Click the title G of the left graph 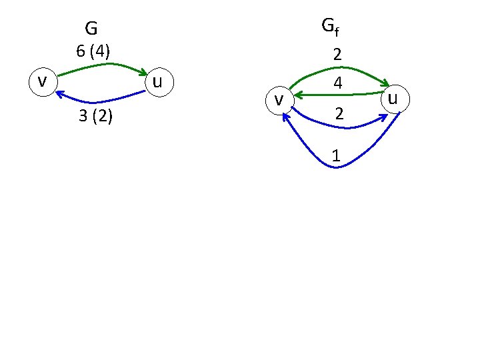click(91, 29)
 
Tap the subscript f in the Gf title click(336, 30)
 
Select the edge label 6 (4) click(93, 51)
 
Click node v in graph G click(41, 81)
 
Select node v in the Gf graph click(280, 100)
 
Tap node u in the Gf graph click(393, 99)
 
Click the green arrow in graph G click(100, 65)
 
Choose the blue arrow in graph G click(100, 101)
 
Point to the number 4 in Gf click(338, 84)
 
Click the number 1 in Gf click(337, 156)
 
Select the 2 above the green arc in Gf click(338, 55)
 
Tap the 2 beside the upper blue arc click(339, 115)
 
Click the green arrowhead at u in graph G click(143, 72)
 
